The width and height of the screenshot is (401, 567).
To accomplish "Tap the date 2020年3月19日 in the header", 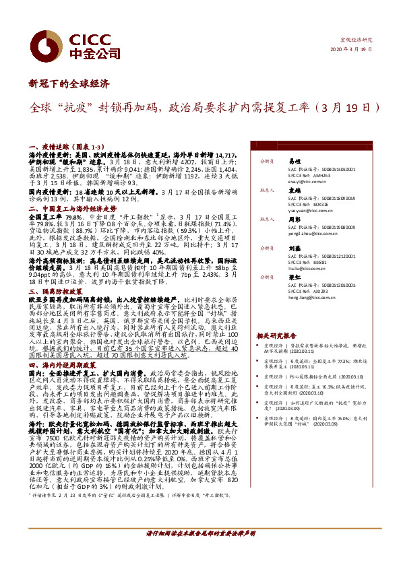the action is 352,50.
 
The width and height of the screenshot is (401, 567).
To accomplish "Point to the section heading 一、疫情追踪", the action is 51,146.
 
